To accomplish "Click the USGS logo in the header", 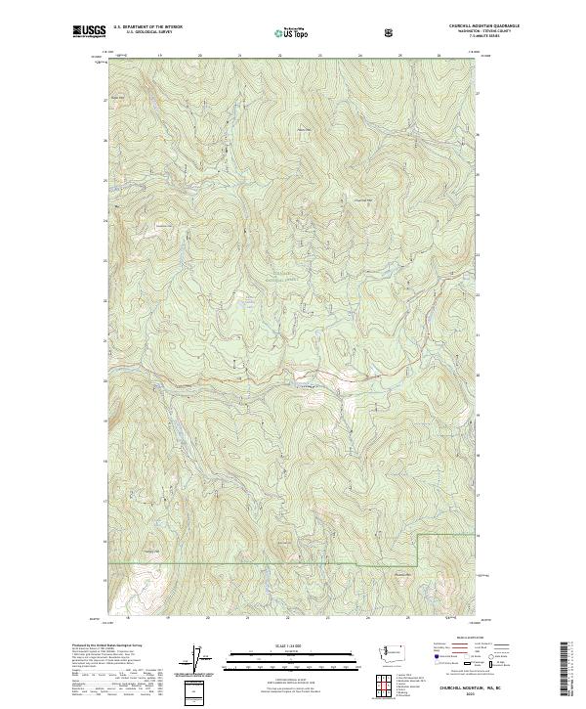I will coord(89,32).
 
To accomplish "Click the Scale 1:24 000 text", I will coord(292,644).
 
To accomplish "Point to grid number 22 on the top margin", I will coord(280,56).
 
